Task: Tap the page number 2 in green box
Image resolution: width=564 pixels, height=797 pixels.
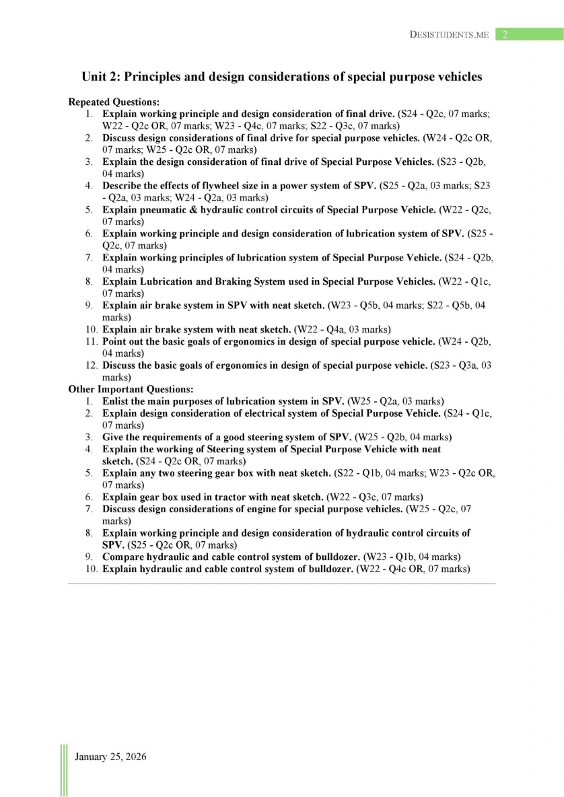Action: [504, 34]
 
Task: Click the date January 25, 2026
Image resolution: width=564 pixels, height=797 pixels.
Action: [110, 757]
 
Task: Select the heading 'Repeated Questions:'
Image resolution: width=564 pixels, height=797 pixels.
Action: [114, 102]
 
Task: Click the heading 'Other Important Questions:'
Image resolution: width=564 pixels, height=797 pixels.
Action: [131, 389]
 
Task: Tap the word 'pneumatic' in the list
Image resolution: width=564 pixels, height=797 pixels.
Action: [165, 209]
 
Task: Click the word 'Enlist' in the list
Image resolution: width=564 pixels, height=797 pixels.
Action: [118, 401]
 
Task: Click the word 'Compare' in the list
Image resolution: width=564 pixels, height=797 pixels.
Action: [124, 557]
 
